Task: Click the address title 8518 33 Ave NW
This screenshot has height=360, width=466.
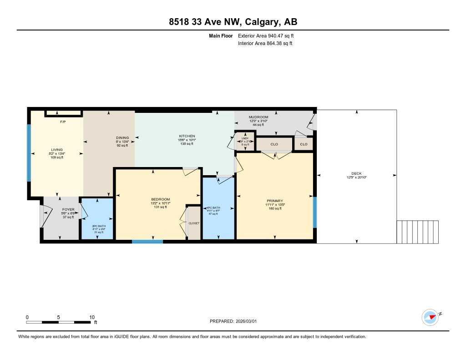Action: click(x=233, y=22)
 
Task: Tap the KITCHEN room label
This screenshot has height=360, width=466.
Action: click(x=187, y=136)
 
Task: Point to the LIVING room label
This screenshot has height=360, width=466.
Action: click(x=57, y=149)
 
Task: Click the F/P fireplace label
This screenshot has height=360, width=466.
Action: click(x=63, y=122)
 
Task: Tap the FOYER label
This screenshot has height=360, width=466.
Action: click(x=68, y=209)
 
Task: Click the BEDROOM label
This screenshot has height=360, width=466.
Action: click(x=160, y=199)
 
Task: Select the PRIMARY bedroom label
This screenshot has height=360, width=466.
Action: click(x=275, y=201)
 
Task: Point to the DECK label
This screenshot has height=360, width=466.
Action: click(x=356, y=173)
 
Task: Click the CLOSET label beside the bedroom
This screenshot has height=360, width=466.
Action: click(x=194, y=223)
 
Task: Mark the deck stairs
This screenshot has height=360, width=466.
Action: click(x=418, y=232)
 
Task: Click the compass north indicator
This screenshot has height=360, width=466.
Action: click(x=430, y=317)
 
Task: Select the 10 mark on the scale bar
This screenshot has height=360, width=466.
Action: click(x=91, y=317)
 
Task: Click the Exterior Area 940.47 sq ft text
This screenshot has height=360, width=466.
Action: click(x=269, y=35)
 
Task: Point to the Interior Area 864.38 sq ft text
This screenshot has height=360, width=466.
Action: click(x=265, y=44)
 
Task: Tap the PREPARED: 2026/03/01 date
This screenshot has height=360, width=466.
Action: click(x=236, y=321)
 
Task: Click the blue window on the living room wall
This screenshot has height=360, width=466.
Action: click(x=29, y=152)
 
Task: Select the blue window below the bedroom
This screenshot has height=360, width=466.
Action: click(x=147, y=241)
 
